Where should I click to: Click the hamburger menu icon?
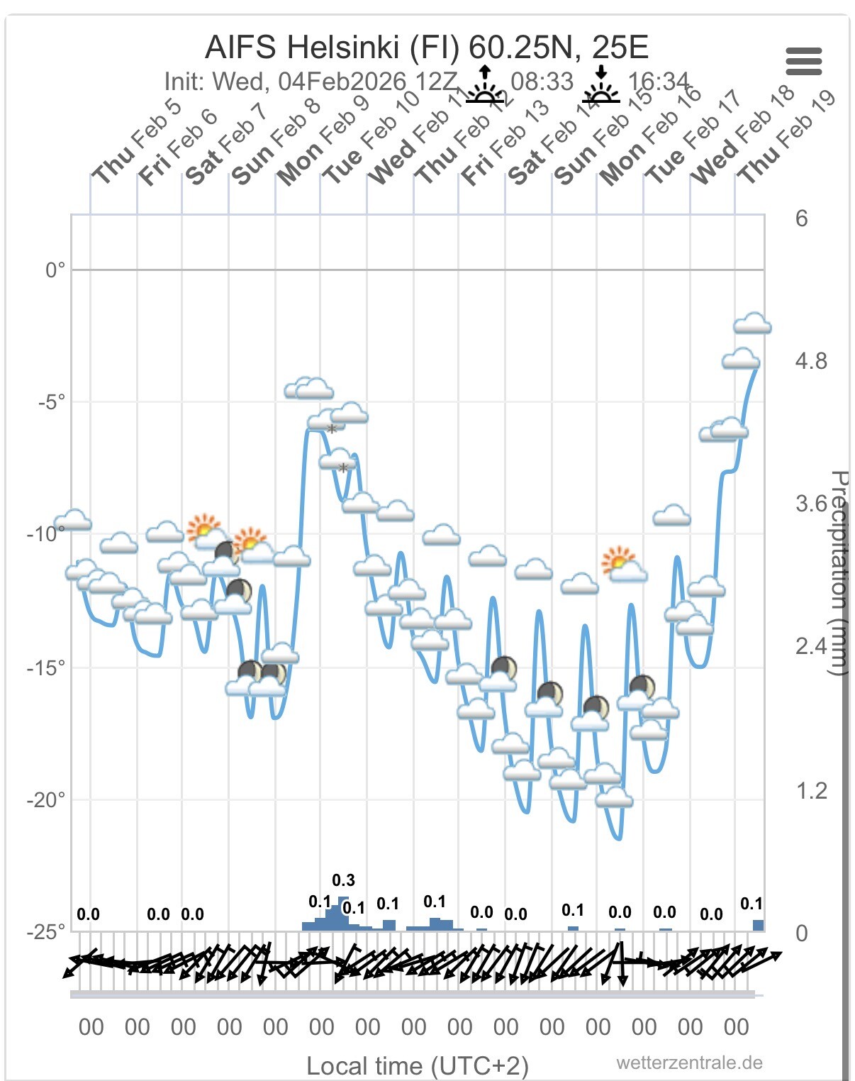(803, 61)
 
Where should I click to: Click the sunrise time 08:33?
(542, 82)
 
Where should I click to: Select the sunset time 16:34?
(658, 82)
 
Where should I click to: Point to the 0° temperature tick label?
(55, 270)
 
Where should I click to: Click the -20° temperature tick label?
(46, 800)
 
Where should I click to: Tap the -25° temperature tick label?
(46, 931)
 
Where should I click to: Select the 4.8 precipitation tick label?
(811, 361)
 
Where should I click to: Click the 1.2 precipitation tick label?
(811, 790)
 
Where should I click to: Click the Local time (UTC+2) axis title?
(418, 1065)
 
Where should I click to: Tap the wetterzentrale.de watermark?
(689, 1063)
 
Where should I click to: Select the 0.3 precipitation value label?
(343, 880)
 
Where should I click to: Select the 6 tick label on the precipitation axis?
(801, 218)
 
